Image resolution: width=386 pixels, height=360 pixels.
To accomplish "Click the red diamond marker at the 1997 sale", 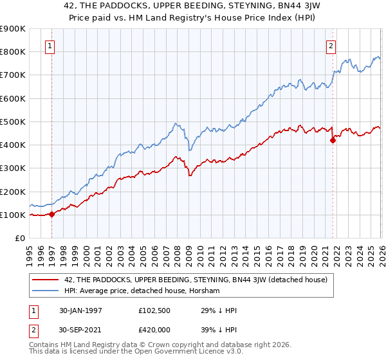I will click(52, 215).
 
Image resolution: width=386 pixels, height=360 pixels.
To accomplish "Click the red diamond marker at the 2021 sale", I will click(333, 139).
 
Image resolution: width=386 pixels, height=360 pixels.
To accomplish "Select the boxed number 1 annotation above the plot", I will click(50, 46).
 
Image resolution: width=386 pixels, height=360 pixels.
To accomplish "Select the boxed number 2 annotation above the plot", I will click(331, 46).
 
